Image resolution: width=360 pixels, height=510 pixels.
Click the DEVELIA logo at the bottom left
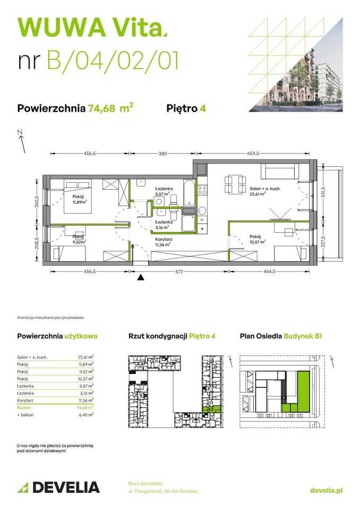pyautogui.click(x=58, y=487)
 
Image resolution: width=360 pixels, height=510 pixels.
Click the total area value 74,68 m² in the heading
pyautogui.click(x=110, y=108)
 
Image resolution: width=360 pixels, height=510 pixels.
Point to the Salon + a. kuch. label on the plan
pyautogui.click(x=265, y=191)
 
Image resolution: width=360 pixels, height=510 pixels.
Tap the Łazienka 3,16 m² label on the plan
pyautogui.click(x=162, y=225)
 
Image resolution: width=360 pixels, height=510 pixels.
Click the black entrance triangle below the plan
pyautogui.click(x=141, y=277)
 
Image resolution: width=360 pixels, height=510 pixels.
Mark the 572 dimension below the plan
pyautogui.click(x=180, y=272)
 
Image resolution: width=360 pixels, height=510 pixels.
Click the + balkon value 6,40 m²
pyautogui.click(x=86, y=414)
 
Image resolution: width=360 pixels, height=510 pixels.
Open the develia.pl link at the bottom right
pyautogui.click(x=325, y=490)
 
